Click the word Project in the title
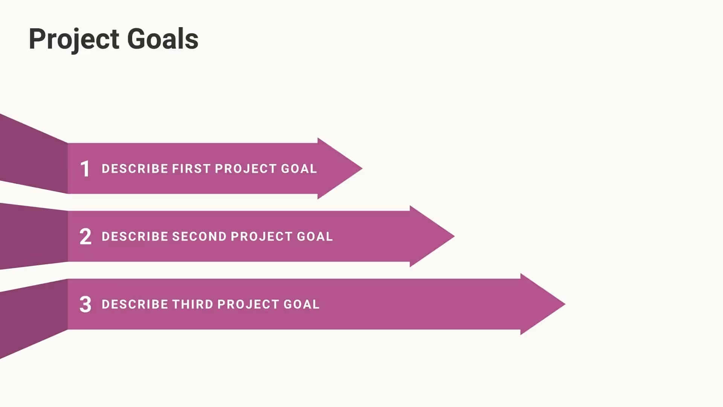coord(74,39)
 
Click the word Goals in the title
coord(163,39)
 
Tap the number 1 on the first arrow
coord(85,168)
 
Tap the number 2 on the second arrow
coord(85,237)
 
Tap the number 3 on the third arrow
coord(85,304)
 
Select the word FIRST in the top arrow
coord(191,168)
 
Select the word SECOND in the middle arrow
coord(199,237)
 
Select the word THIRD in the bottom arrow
coord(192,304)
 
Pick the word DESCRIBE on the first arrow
coord(135,168)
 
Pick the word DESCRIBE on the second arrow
coord(135,237)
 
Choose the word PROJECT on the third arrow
coord(248,304)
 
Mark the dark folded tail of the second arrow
coord(34,236)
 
